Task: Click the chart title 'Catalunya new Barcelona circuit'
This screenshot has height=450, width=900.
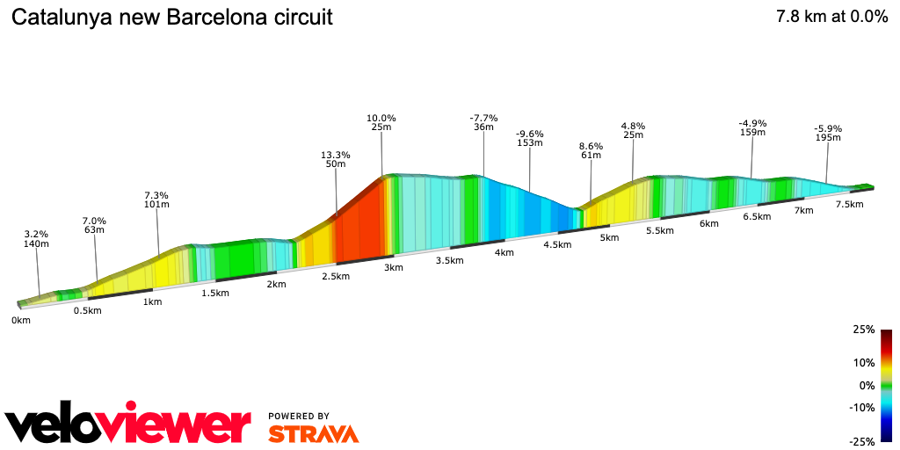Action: pos(172,18)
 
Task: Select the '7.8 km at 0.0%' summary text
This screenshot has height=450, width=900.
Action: pos(831,17)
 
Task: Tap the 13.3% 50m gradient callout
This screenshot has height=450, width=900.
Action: pos(336,160)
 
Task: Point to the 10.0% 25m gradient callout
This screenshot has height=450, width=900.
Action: pos(381,123)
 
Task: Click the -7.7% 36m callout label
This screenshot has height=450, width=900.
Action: pos(483,122)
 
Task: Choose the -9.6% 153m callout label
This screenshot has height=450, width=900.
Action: pos(530,138)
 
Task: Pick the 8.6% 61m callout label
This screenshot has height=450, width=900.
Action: pos(591,150)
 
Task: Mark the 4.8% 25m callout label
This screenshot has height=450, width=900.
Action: pos(633,130)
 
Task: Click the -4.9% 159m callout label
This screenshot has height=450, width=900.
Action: pos(752,127)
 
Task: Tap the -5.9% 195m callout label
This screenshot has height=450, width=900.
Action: pos(828,133)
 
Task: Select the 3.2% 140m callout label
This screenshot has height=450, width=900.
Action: pos(36,239)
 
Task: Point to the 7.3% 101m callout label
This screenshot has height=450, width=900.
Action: pos(156,200)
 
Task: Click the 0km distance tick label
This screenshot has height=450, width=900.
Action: pos(21,321)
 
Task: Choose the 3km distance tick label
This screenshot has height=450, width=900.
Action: pos(394,267)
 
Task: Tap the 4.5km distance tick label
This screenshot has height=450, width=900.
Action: pos(557,245)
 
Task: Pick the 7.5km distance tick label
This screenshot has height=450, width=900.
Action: pos(849,204)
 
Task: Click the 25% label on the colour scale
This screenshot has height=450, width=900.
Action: pos(864,330)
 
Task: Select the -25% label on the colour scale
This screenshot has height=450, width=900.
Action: pos(862,441)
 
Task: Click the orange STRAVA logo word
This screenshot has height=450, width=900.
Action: pos(313,433)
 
